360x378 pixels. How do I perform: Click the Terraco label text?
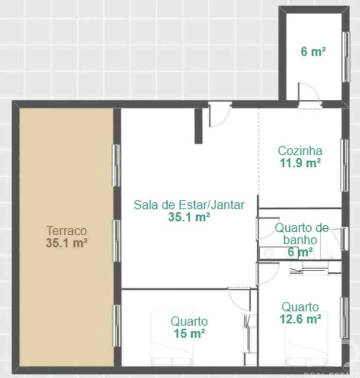(x=67, y=231)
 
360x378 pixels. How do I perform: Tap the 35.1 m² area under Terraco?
(x=67, y=243)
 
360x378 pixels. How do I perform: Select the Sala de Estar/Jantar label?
(x=189, y=205)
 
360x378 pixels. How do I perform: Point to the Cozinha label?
(x=300, y=151)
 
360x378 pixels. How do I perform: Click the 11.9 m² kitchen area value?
(x=300, y=163)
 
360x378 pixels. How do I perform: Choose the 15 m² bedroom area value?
(x=189, y=334)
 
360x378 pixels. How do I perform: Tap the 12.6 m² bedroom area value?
(x=300, y=319)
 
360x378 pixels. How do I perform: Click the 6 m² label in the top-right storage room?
(x=313, y=51)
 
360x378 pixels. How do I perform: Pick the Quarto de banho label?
(x=301, y=234)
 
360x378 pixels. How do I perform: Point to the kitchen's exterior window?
(x=344, y=165)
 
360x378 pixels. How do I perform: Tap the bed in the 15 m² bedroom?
(x=172, y=337)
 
